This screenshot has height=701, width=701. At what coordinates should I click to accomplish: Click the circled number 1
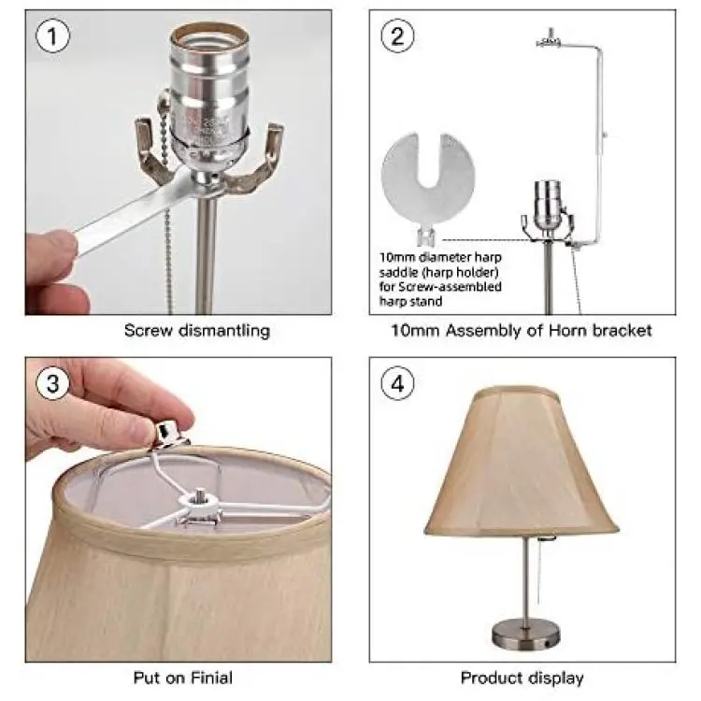[52, 36]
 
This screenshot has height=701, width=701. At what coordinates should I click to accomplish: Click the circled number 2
[397, 36]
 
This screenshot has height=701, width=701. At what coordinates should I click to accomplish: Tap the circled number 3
[52, 383]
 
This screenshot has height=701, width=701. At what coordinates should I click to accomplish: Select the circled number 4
[397, 383]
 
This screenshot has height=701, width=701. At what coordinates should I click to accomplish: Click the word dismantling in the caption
[224, 331]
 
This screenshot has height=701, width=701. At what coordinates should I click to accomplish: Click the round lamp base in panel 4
[526, 634]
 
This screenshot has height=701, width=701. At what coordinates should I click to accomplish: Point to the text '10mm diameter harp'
[441, 258]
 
